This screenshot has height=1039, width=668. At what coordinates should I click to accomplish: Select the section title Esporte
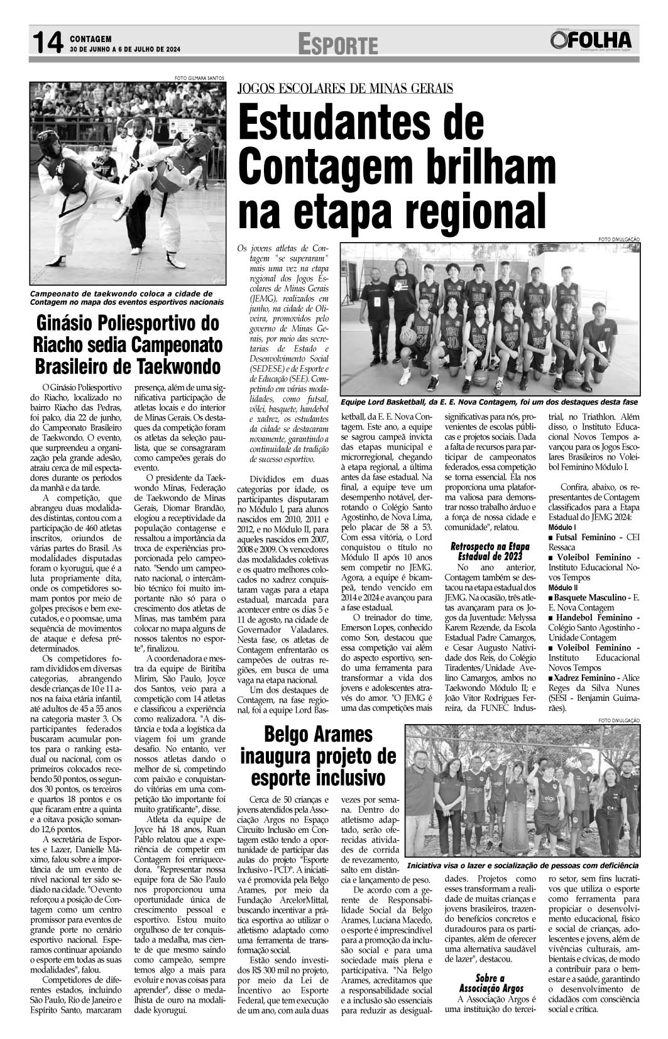coord(338,45)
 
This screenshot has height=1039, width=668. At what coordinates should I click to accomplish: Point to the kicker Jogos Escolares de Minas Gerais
coord(345,89)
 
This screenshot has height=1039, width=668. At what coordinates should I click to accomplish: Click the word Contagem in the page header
coord(91,38)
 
